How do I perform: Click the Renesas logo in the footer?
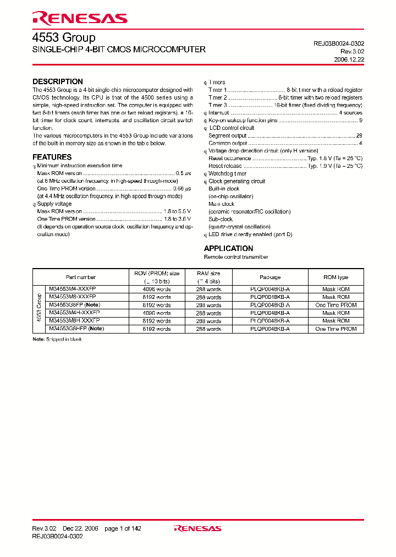[197, 528]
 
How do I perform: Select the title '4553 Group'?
[64, 37]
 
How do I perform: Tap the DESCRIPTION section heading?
[58, 81]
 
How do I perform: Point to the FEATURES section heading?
[52, 157]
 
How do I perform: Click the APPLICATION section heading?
[228, 248]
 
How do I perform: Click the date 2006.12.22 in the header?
[349, 59]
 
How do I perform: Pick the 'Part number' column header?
[81, 277]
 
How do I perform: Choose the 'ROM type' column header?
[336, 277]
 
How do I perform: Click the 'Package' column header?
[270, 277]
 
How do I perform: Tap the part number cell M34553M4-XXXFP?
[73, 289]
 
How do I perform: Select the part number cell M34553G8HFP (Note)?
[76, 329]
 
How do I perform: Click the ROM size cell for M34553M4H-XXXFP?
[157, 313]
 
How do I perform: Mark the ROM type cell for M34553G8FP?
[336, 305]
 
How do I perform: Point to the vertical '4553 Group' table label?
[38, 309]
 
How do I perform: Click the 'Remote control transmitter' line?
[236, 257]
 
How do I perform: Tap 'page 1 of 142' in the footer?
[123, 528]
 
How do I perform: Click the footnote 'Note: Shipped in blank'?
[57, 339]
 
